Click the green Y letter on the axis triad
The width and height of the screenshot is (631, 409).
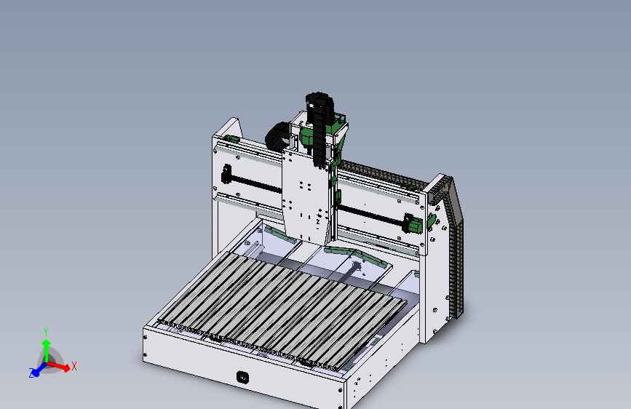pyautogui.click(x=46, y=331)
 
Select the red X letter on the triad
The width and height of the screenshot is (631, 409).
pyautogui.click(x=74, y=366)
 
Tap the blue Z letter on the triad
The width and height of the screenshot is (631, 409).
pyautogui.click(x=32, y=373)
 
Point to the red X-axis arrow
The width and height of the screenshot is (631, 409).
pyautogui.click(x=61, y=366)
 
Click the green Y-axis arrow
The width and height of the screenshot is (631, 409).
pyautogui.click(x=46, y=348)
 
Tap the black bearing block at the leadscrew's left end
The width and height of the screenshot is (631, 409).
pyautogui.click(x=226, y=176)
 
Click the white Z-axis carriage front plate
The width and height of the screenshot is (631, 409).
pyautogui.click(x=306, y=196)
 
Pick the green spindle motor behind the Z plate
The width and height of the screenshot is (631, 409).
pyautogui.click(x=307, y=138)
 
